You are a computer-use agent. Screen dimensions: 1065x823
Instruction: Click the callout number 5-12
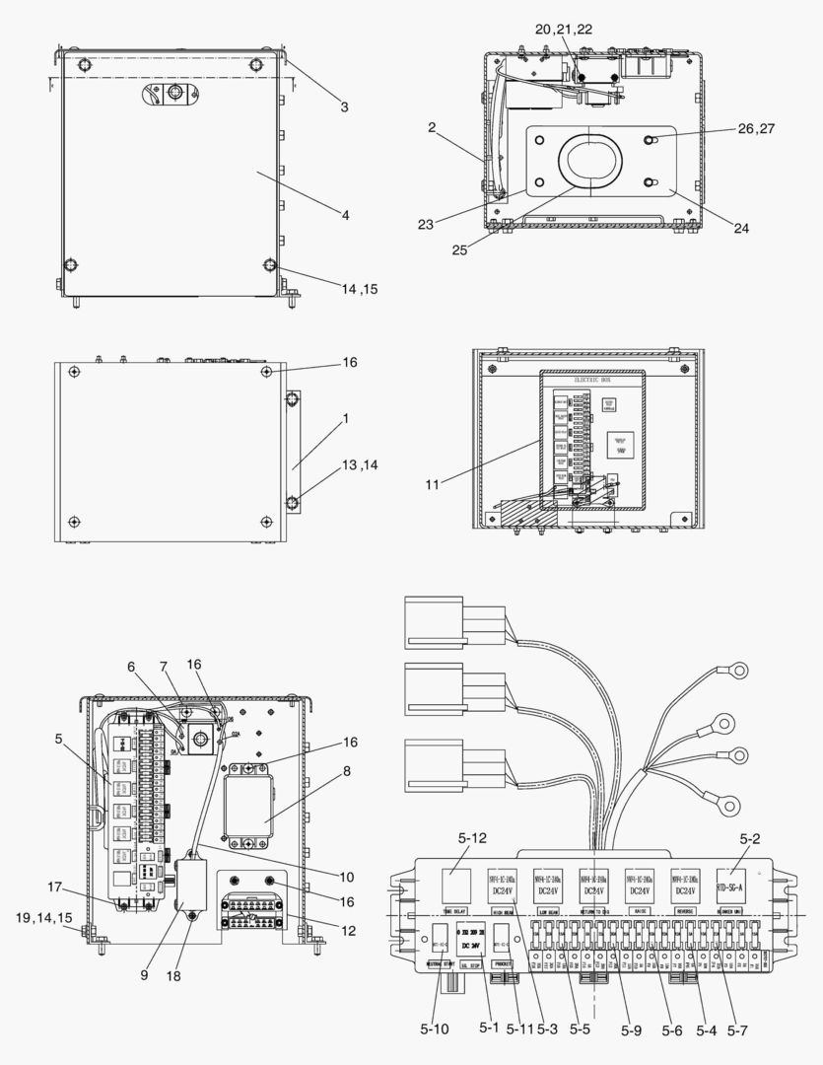472,839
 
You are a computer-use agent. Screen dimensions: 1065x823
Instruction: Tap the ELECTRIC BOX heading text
586,378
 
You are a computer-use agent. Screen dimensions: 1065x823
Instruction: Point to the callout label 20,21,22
565,30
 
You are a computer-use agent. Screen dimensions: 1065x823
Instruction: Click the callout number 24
740,228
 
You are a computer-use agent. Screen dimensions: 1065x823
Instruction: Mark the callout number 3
344,106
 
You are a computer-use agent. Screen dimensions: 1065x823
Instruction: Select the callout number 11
433,483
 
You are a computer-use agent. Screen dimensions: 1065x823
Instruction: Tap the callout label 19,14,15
43,917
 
